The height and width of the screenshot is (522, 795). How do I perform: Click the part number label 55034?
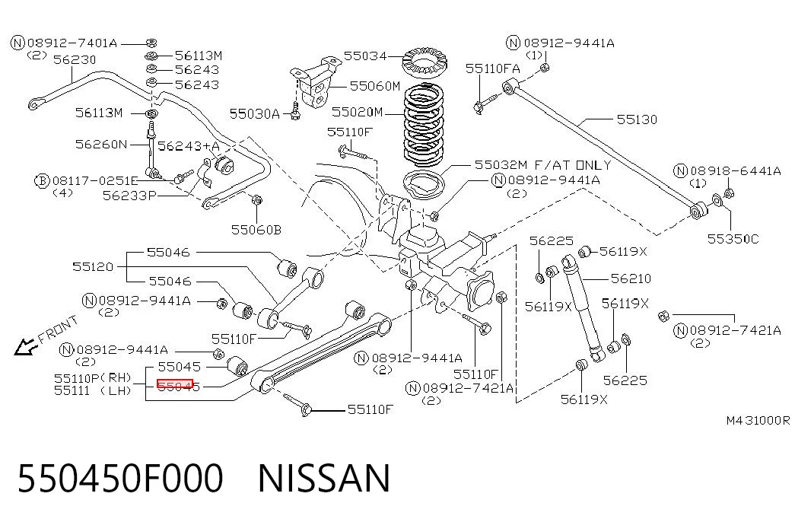pyautogui.click(x=365, y=56)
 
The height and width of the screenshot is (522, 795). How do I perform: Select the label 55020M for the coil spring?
pyautogui.click(x=357, y=112)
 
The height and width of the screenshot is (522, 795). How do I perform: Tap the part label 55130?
pyautogui.click(x=637, y=119)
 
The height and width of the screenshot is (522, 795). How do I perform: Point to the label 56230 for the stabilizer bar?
pyautogui.click(x=75, y=60)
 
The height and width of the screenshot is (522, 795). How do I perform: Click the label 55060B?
pyautogui.click(x=256, y=231)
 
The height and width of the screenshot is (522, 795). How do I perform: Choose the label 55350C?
pyautogui.click(x=733, y=239)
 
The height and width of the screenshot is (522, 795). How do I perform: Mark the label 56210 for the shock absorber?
pyautogui.click(x=631, y=279)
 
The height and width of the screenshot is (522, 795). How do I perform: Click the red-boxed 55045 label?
pyautogui.click(x=175, y=386)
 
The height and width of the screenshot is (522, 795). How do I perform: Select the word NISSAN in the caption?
pyautogui.click(x=324, y=478)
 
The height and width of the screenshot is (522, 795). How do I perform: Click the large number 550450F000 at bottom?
pyautogui.click(x=120, y=478)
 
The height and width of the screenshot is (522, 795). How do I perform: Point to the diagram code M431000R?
pyautogui.click(x=758, y=421)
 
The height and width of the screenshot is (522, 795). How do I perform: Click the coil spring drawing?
pyautogui.click(x=424, y=126)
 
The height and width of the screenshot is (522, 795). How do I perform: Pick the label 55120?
pyautogui.click(x=93, y=267)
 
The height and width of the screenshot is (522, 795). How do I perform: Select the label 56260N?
pyautogui.click(x=101, y=145)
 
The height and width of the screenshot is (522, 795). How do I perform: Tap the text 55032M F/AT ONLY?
pyautogui.click(x=543, y=165)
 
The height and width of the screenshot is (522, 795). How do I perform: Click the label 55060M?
pyautogui.click(x=375, y=86)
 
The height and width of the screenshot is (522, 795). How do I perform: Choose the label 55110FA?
pyautogui.click(x=493, y=68)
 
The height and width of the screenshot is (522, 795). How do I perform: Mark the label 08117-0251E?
pyautogui.click(x=95, y=181)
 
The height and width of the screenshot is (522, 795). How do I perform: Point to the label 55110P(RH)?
pyautogui.click(x=93, y=378)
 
